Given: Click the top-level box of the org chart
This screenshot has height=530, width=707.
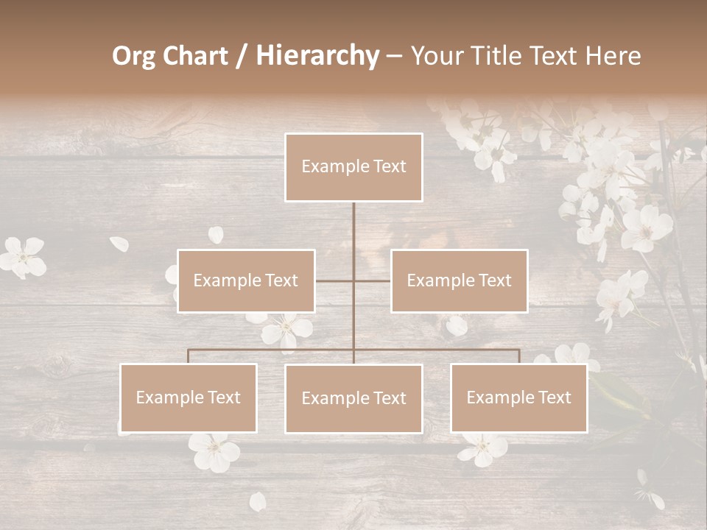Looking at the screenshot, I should pos(353,167).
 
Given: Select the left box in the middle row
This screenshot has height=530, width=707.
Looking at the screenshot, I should pos(246,281).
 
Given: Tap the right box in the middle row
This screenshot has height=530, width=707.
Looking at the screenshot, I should pos(459,281).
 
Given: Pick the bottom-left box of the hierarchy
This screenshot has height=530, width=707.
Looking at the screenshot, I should pos(189,398).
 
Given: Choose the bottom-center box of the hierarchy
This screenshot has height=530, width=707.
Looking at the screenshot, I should pos(353,399).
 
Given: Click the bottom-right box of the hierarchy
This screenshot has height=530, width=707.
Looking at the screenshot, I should pos(519,398).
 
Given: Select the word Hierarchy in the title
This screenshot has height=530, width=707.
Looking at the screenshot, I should pos(317,56).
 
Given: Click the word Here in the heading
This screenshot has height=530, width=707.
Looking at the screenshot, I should pos(613,56).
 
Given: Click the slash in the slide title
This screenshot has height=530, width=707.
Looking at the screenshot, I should pos(242,56).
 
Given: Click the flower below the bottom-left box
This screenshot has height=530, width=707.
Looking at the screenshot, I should pos(214,450).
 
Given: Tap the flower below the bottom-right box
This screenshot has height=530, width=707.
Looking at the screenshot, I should pos(483,448).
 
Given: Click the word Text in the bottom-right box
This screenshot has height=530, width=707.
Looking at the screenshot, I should pos(554,398).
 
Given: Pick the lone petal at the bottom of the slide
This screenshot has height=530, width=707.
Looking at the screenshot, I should pos(257,502).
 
